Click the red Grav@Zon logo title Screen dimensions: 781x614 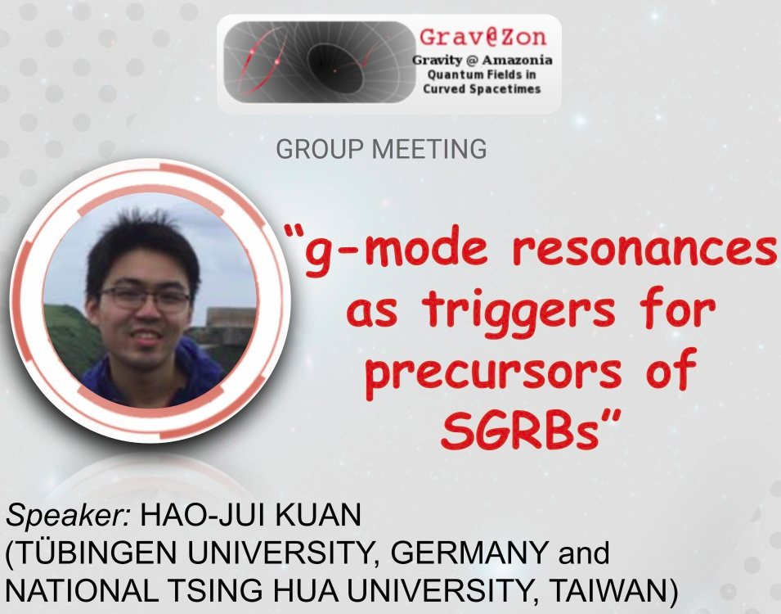point(483,38)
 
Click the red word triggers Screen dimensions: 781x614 point(518,311)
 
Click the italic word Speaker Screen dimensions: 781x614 point(68,516)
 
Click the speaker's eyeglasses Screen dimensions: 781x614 point(146,298)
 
